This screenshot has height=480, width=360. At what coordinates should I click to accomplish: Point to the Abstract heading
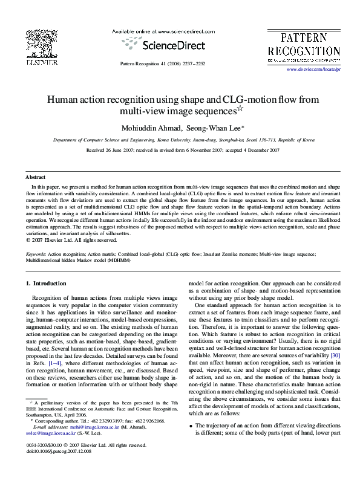35,177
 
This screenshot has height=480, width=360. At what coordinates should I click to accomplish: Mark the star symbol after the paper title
238,109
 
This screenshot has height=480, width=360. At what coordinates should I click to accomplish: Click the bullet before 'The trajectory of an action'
191,443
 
